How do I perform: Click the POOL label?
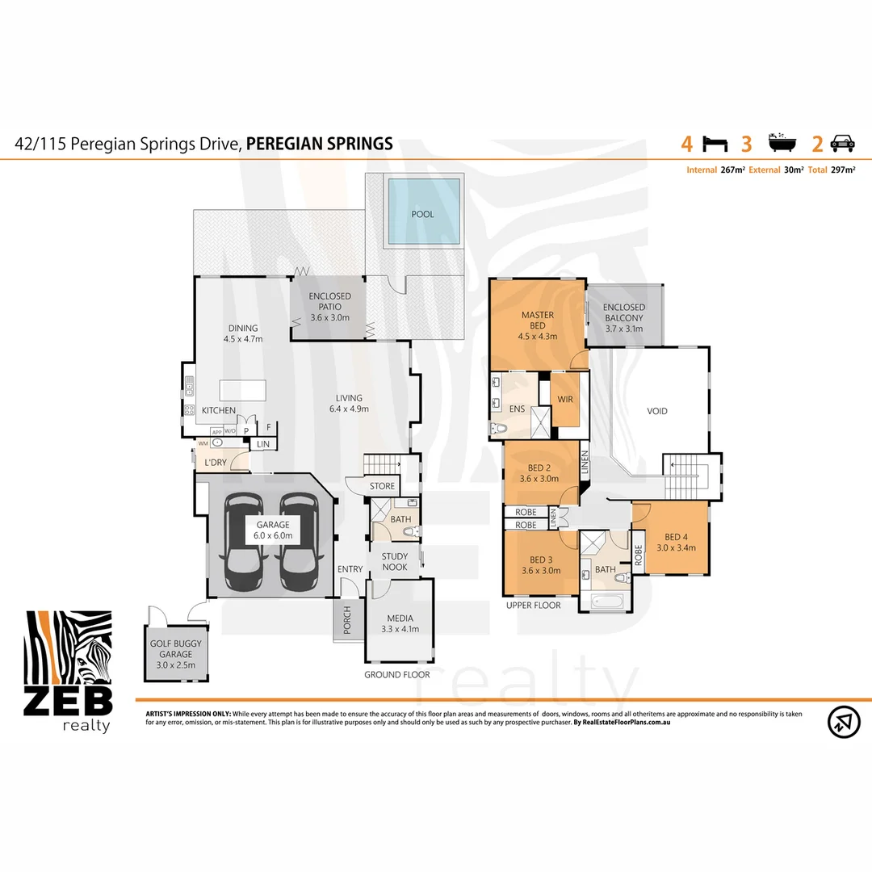tap(422, 214)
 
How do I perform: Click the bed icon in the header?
tap(715, 144)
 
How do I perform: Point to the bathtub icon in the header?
tap(779, 144)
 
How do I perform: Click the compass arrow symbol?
tap(844, 721)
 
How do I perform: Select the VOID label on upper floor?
tap(657, 411)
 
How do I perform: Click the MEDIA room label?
tap(400, 624)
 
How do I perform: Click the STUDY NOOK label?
tap(395, 561)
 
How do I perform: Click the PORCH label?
tap(347, 620)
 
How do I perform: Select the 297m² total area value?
tap(843, 170)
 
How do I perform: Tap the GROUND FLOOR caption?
tap(396, 674)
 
